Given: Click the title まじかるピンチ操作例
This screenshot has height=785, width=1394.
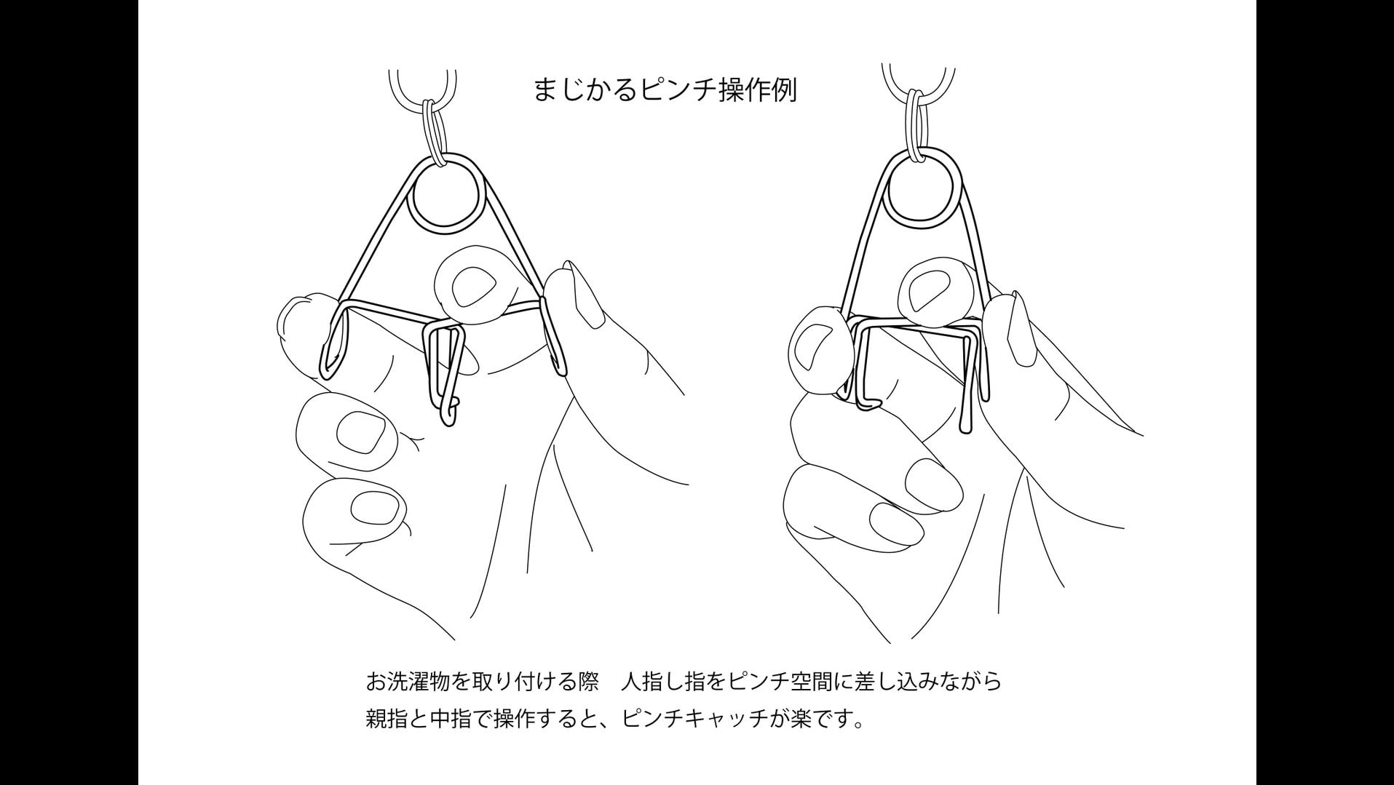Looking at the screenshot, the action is pos(665,89).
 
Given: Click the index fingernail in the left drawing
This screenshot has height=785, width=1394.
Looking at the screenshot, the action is pos(471,284).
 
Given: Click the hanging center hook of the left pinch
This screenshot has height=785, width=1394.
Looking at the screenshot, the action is pos(444,372).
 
